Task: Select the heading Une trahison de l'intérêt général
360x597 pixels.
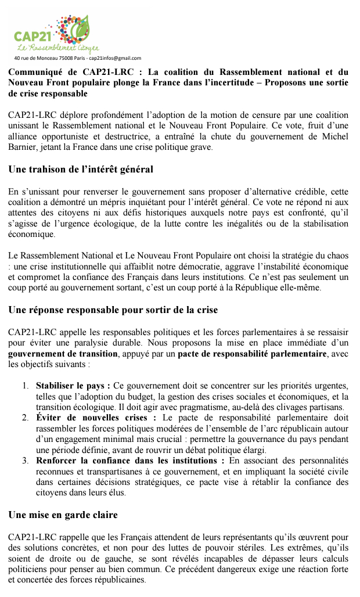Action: (81, 170)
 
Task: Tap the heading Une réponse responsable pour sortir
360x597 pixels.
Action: (113, 310)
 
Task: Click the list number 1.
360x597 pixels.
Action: (26, 386)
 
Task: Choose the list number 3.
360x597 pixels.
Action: (26, 461)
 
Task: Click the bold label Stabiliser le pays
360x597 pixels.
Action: (73, 386)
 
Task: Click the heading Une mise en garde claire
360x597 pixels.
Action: (63, 515)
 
